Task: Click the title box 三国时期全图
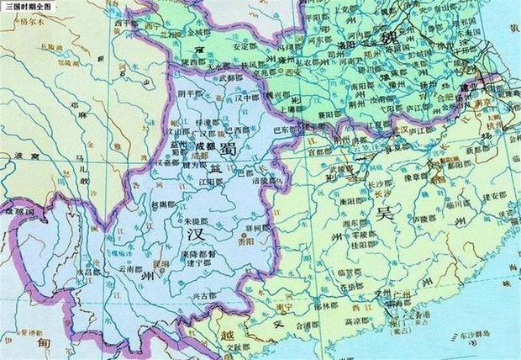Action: (26, 6)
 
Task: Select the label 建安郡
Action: (472, 195)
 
